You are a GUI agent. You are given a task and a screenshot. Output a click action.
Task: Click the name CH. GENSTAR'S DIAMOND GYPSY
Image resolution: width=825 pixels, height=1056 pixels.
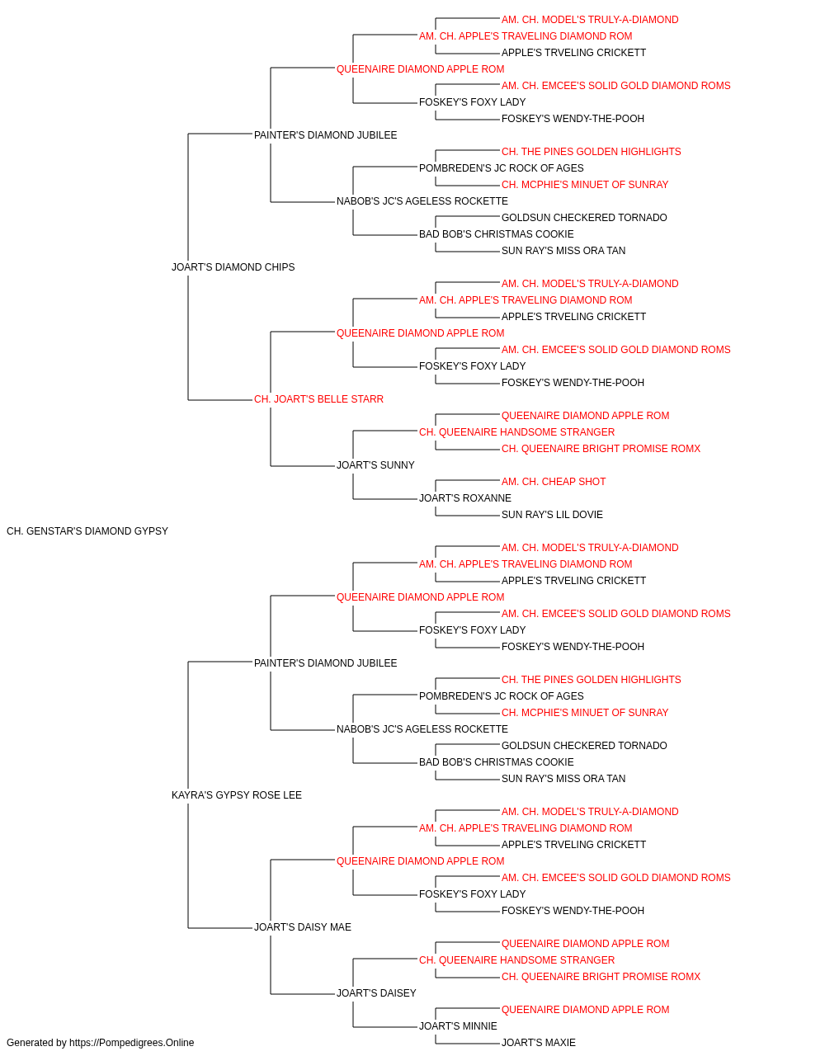pos(87,531)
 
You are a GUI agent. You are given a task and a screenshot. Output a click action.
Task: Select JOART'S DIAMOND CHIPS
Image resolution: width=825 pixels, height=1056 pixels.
pos(233,267)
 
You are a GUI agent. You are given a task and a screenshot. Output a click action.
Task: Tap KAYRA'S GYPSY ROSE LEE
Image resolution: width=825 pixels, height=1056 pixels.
pos(237,795)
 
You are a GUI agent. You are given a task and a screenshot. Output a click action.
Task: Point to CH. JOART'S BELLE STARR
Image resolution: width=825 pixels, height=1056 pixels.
pos(318,399)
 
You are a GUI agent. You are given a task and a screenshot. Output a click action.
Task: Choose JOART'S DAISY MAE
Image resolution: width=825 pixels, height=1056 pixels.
pos(303,927)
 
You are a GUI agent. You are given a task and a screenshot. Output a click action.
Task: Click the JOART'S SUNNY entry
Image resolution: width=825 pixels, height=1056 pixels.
pos(375,465)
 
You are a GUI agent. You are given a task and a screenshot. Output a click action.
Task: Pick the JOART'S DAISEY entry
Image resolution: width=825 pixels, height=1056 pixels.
pos(376,992)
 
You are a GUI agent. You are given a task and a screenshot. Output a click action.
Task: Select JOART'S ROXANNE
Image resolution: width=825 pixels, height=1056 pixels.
pos(465,498)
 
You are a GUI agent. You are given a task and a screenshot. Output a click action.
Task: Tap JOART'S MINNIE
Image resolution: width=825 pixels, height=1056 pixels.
pos(458,1025)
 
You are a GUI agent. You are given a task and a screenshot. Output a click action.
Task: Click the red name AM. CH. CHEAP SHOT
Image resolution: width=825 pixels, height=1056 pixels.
pos(554,482)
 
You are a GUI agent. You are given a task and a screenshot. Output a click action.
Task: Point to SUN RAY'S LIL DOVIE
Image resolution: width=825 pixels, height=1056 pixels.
pos(552,515)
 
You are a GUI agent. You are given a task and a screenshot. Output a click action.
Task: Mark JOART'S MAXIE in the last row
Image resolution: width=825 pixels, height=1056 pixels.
pos(539,1043)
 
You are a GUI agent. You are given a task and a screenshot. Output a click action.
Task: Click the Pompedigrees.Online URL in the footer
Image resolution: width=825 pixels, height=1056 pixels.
pos(132,1043)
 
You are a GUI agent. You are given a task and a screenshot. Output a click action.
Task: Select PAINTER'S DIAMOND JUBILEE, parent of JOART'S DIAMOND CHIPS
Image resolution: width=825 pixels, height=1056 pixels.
pos(326,135)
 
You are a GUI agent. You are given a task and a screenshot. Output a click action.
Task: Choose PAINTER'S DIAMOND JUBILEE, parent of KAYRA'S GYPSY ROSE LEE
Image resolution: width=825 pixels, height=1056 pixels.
pos(326,662)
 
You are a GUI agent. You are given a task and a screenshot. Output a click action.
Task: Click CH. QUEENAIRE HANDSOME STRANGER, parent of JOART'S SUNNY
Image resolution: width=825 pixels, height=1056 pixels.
pos(517,432)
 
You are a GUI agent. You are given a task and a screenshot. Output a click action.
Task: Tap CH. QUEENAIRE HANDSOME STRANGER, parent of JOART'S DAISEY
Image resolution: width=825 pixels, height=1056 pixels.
pos(517,959)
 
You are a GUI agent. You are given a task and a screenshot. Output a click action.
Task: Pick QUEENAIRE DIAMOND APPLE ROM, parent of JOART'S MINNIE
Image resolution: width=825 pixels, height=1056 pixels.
pos(586,1009)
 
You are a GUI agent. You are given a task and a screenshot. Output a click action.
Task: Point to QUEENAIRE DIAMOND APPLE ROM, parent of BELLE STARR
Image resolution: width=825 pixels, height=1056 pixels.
pos(420,332)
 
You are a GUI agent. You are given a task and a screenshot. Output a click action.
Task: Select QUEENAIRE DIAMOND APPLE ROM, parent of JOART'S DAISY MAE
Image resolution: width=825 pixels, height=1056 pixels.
pos(420,861)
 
